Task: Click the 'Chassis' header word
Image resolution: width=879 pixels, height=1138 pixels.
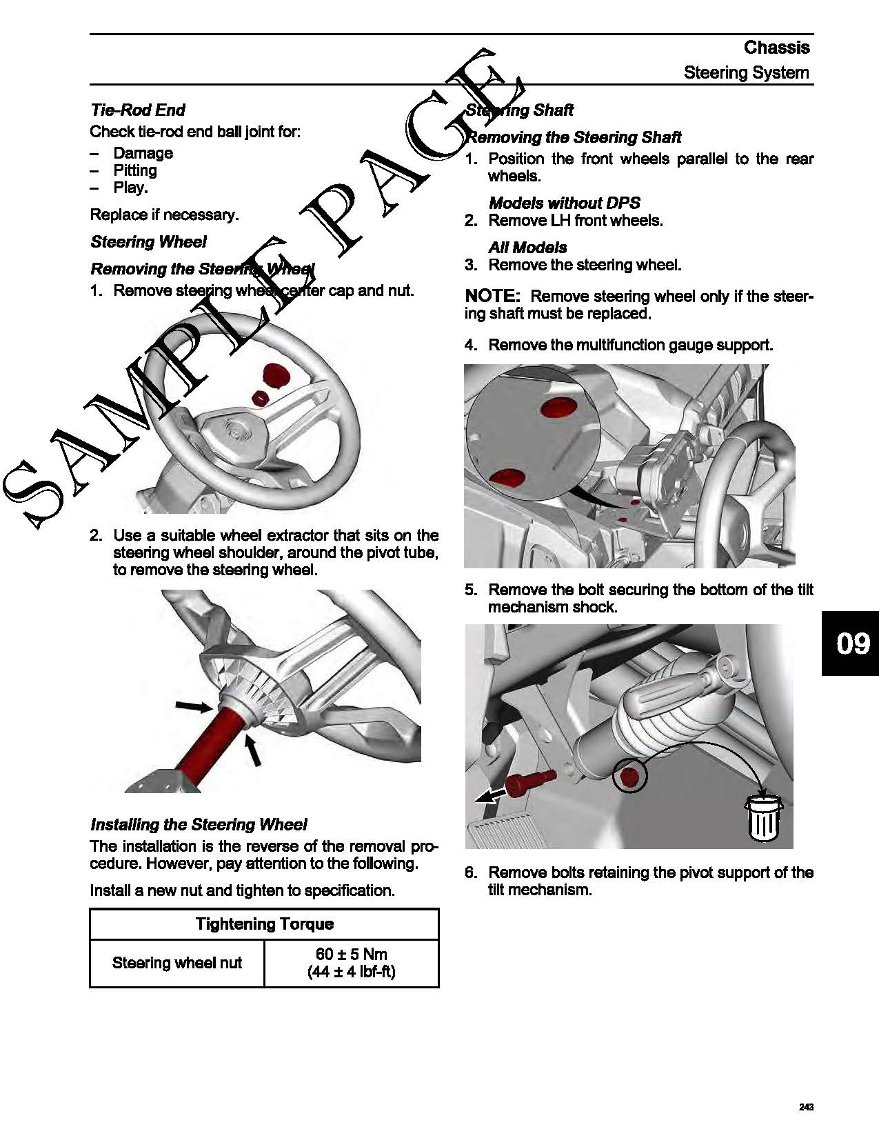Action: click(x=776, y=48)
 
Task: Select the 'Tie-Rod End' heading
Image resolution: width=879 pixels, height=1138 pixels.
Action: click(x=138, y=110)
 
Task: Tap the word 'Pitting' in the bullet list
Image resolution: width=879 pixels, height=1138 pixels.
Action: click(x=135, y=170)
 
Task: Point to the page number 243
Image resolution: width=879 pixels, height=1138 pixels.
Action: click(x=806, y=1107)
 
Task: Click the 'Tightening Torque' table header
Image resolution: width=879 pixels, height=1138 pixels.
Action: click(x=264, y=924)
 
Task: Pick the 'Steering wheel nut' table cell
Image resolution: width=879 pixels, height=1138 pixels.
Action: click(x=176, y=963)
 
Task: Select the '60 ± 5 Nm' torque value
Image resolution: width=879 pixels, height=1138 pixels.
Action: click(x=351, y=955)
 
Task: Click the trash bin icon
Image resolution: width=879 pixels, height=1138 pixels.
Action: click(x=763, y=819)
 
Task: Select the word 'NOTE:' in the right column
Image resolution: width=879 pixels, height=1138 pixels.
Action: click(x=492, y=297)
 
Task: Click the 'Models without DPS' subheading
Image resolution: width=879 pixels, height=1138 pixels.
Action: click(x=564, y=203)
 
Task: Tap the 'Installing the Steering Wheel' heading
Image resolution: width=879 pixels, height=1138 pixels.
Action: click(x=199, y=825)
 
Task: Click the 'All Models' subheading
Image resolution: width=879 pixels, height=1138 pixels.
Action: click(x=527, y=248)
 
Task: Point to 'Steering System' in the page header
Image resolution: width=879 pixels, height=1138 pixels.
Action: click(x=746, y=72)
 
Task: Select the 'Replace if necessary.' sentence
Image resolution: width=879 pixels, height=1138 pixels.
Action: click(x=164, y=214)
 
